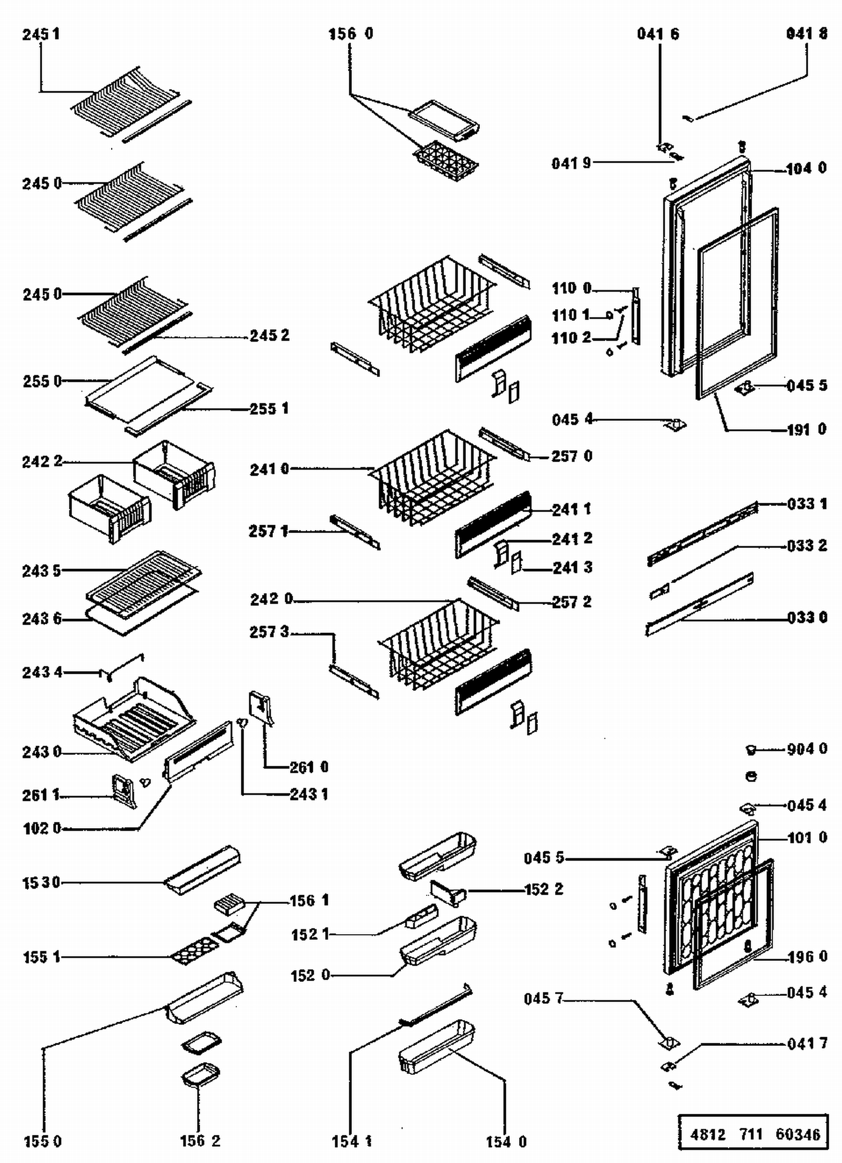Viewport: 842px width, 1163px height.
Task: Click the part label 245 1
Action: click(41, 34)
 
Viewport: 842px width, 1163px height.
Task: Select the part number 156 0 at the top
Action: click(350, 34)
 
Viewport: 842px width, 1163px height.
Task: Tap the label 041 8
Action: click(807, 34)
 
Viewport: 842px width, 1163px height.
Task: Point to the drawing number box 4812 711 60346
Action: click(754, 1134)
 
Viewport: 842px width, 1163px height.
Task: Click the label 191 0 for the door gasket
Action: click(806, 430)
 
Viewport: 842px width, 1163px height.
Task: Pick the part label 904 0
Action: click(807, 749)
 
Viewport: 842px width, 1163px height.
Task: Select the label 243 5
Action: click(42, 571)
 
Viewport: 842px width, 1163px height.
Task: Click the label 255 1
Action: click(269, 408)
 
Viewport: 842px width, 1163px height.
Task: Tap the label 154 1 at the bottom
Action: click(351, 1141)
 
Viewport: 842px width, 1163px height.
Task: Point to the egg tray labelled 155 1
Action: click(194, 951)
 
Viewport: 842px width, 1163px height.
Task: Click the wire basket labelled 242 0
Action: click(438, 645)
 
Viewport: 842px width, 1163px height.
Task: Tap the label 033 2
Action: click(807, 545)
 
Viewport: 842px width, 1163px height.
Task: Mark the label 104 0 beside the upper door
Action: click(806, 168)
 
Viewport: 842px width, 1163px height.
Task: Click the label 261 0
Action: click(309, 767)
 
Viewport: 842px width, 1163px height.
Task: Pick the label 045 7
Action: click(543, 999)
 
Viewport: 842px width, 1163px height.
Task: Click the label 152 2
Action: click(543, 889)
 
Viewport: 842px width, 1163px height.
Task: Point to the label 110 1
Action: click(571, 315)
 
